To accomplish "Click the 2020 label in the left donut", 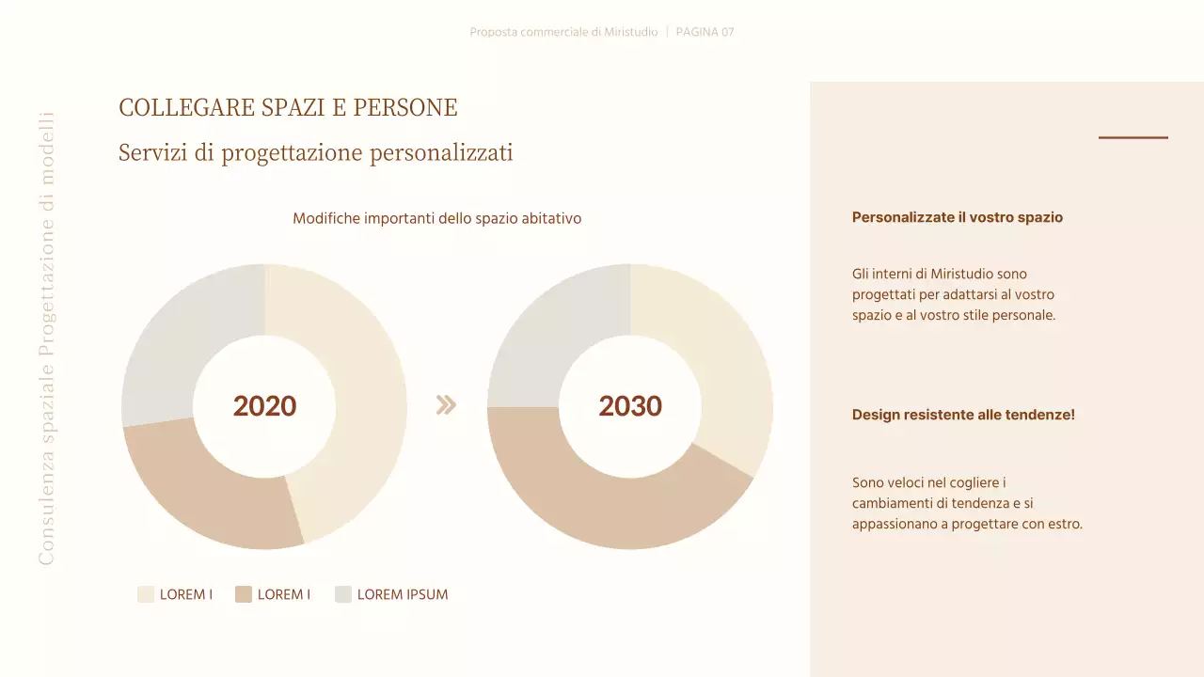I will coord(264,406).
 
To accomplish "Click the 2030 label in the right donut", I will coord(630,406).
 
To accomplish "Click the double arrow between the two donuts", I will coord(446,405).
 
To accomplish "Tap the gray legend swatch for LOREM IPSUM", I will coord(343,594).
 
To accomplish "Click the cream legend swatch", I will coord(146,594).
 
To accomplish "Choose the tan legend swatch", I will coord(244,594).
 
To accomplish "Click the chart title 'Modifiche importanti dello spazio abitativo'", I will coord(436,218).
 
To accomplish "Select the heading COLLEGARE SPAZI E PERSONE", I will coord(288,108).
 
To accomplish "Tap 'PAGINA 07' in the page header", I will coord(705,32).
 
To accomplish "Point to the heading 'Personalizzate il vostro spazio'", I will coord(957,217).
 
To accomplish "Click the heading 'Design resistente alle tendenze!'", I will coord(963,415).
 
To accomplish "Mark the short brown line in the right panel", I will coord(1133,137).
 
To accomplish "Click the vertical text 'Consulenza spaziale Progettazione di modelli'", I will coord(46,338).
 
